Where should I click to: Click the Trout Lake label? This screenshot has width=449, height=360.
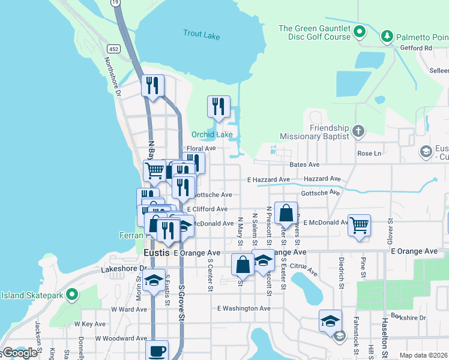(202, 35)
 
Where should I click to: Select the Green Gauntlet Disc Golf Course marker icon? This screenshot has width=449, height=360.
(360, 31)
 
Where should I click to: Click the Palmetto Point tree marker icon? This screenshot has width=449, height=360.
(388, 37)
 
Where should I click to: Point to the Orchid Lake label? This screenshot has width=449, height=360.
(212, 134)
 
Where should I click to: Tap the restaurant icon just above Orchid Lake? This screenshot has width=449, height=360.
(218, 107)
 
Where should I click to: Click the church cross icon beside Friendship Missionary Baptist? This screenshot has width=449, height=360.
(358, 131)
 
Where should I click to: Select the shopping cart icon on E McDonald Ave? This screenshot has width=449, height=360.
(359, 226)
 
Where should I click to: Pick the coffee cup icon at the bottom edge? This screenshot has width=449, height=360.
(157, 350)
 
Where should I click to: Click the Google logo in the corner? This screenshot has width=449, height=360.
(19, 353)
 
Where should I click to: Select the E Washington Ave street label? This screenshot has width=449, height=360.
(244, 308)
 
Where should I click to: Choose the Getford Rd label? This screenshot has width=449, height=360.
(419, 48)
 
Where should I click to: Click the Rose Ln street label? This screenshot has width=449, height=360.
(369, 154)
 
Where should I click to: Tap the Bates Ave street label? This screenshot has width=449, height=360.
(304, 164)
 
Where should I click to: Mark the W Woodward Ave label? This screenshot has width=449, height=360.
(120, 339)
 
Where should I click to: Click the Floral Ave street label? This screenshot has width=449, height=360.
(200, 148)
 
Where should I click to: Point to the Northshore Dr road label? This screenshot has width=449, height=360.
(112, 77)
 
